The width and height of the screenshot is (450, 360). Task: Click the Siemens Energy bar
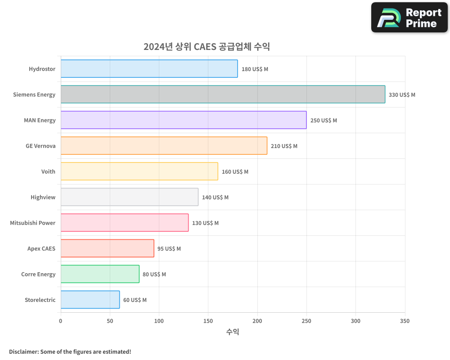pos(223,94)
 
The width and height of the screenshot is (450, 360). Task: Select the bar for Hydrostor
pos(149,69)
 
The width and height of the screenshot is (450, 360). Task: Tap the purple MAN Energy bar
pos(184,120)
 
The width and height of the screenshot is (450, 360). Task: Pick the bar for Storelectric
pos(90,300)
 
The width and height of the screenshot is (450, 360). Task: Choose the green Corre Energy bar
pos(100,274)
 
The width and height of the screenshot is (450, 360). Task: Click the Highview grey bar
pos(129,197)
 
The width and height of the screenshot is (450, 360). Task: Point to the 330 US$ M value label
pos(402,95)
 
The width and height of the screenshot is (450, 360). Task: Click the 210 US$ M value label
pos(284,146)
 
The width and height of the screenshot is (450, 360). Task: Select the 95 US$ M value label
pos(169,249)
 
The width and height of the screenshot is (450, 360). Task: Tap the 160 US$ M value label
pos(235,172)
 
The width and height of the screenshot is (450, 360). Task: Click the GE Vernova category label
pos(40,146)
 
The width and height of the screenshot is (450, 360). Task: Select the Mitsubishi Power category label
pos(33,223)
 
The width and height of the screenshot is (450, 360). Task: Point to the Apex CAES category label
pos(41,248)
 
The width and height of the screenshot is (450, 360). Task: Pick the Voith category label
pos(48,171)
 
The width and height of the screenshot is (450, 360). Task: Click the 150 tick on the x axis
pos(208,321)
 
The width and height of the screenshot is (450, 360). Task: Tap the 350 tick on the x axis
pos(405,321)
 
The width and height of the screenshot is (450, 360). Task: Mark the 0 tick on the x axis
pos(61,321)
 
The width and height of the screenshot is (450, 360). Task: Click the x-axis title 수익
pos(233,332)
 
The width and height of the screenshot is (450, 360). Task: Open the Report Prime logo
pos(409,18)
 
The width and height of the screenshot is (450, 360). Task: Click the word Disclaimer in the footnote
pos(23,351)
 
